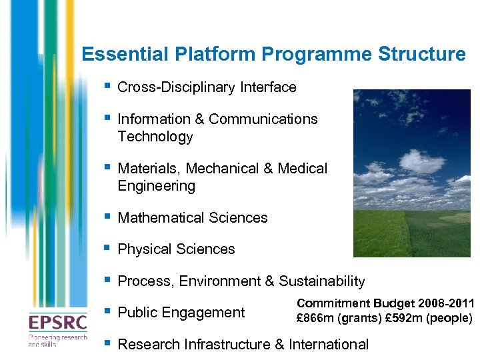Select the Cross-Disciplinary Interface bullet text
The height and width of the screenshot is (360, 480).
click(207, 87)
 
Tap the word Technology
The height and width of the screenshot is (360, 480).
click(155, 137)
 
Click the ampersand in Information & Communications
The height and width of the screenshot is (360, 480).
click(199, 119)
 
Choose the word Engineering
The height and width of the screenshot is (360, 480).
click(156, 186)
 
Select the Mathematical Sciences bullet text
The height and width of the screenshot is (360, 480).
click(192, 218)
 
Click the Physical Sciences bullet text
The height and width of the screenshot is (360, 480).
click(176, 249)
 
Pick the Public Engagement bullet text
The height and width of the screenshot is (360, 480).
click(181, 313)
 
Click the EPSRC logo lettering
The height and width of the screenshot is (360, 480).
click(57, 322)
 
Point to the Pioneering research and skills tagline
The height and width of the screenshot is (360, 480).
click(57, 341)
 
